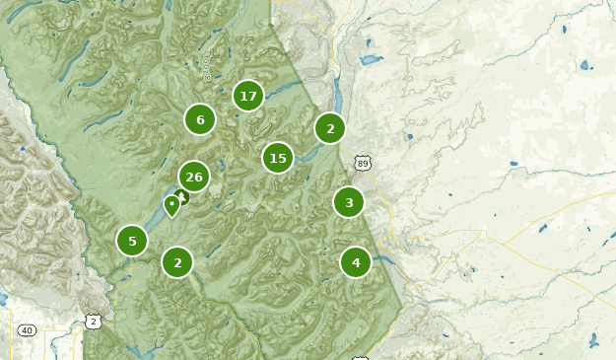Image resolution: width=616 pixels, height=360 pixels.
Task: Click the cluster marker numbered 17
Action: pyautogui.click(x=248, y=96)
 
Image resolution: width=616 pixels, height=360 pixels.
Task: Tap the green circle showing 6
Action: pyautogui.click(x=200, y=120)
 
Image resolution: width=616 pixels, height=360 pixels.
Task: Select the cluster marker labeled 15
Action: pyautogui.click(x=278, y=158)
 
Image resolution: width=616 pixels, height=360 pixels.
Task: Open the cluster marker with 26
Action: pyautogui.click(x=194, y=178)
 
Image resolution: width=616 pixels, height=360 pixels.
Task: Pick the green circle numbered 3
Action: pyautogui.click(x=348, y=203)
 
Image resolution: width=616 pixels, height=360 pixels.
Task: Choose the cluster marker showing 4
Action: pyautogui.click(x=356, y=262)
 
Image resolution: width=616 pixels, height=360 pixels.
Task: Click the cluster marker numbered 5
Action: pyautogui.click(x=132, y=241)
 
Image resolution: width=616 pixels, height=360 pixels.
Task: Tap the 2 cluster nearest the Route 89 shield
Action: pyautogui.click(x=330, y=128)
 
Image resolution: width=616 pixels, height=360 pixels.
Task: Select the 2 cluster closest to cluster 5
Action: pyautogui.click(x=177, y=262)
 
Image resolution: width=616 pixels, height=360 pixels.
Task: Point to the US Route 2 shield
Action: pyautogui.click(x=93, y=322)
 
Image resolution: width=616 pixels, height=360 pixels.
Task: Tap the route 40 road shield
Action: pyautogui.click(x=27, y=330)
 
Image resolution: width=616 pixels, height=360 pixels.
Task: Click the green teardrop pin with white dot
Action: pyautogui.click(x=171, y=205)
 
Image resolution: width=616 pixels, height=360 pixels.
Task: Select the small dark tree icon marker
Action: pyautogui.click(x=181, y=197)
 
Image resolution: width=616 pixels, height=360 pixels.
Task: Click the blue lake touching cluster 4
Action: pyautogui.click(x=379, y=260)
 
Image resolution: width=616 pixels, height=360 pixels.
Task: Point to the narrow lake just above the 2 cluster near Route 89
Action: pyautogui.click(x=337, y=97)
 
